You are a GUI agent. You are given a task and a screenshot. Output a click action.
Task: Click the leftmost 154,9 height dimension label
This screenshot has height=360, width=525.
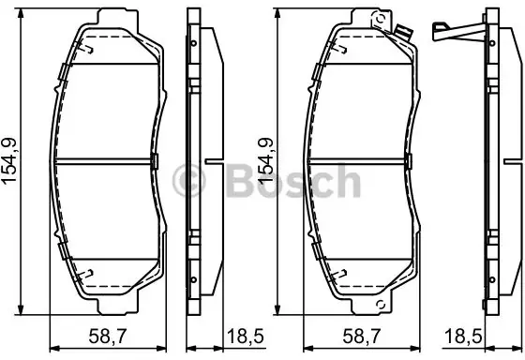[x=9, y=161]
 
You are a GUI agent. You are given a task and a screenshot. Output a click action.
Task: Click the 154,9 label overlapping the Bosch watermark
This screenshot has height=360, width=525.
[x=265, y=161]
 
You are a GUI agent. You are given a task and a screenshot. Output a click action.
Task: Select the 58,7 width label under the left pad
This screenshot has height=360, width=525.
[x=108, y=336]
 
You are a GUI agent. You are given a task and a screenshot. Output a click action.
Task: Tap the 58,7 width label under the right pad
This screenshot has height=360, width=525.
[x=362, y=336]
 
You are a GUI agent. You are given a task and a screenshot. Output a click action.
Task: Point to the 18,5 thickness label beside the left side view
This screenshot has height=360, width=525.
[x=246, y=336]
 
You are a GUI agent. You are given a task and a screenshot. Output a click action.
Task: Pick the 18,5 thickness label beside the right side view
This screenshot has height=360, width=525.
[x=463, y=336]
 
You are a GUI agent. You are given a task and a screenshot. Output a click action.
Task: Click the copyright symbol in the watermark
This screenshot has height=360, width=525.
[x=188, y=181]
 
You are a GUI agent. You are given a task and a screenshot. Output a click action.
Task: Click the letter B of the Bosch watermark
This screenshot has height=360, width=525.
[x=240, y=181]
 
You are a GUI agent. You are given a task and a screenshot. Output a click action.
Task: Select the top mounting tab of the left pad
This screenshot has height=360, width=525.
[x=117, y=18]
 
